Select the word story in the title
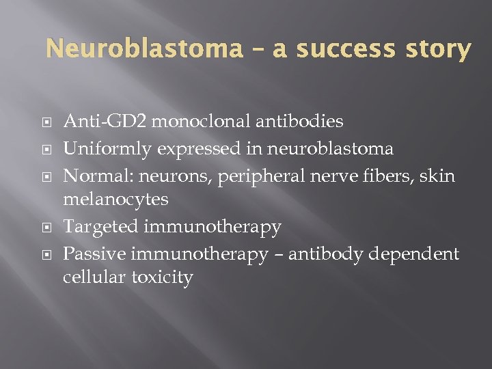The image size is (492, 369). tap(437, 49)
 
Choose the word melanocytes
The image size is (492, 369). tap(115, 199)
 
